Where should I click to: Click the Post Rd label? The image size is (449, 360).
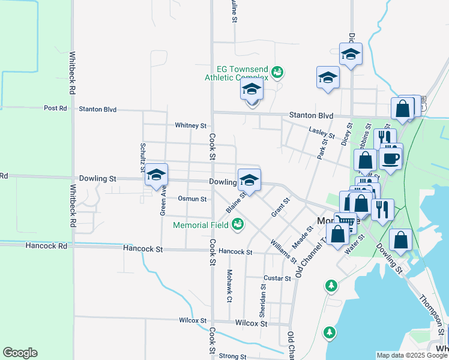(x=55, y=109)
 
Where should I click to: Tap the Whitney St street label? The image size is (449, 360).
(x=190, y=125)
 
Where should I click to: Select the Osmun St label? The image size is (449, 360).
(x=192, y=199)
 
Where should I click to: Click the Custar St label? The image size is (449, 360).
(x=277, y=278)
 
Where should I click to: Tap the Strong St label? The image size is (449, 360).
(x=229, y=356)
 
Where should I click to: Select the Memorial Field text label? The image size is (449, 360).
(x=200, y=226)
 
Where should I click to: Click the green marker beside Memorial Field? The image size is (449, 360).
(x=238, y=224)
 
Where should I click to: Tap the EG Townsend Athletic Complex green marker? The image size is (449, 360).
(x=277, y=73)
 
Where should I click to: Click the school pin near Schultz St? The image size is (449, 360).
(x=156, y=175)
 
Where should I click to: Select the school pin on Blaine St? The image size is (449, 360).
(x=249, y=180)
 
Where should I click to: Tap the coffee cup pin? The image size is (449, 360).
(x=390, y=159)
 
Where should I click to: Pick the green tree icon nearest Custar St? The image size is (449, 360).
(x=331, y=286)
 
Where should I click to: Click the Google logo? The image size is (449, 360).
(x=20, y=353)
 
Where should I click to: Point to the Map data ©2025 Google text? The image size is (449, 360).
(x=411, y=355)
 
